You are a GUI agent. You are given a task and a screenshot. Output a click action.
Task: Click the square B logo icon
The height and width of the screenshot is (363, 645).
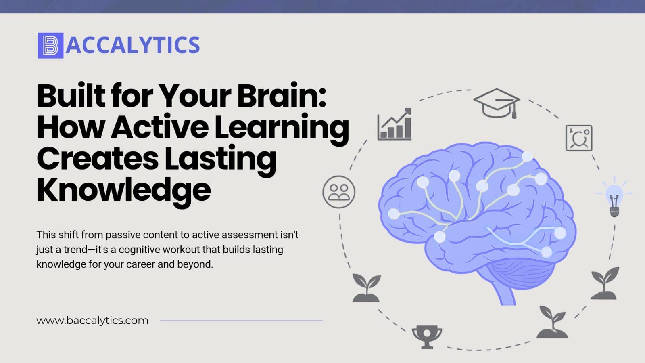click(x=50, y=46)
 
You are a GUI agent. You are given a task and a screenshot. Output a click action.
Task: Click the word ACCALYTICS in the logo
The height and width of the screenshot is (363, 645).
click(x=133, y=45)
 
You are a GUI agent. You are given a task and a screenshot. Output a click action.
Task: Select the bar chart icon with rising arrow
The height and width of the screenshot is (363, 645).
click(x=395, y=124)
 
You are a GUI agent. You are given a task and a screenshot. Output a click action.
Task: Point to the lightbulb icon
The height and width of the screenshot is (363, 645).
click(x=614, y=197)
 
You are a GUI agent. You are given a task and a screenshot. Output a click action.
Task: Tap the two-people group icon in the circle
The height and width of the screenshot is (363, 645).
click(x=339, y=192)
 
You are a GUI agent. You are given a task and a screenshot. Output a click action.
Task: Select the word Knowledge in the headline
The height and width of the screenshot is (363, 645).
click(x=124, y=191)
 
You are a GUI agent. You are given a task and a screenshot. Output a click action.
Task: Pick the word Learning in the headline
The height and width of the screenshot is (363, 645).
click(x=282, y=128)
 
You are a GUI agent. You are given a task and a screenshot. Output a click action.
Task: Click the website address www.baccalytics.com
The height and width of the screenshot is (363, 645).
click(x=92, y=321)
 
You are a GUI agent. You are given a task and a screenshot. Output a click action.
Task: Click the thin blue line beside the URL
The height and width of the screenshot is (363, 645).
click(x=241, y=320)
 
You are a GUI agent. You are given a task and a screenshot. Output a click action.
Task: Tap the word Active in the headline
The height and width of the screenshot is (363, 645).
click(x=159, y=128)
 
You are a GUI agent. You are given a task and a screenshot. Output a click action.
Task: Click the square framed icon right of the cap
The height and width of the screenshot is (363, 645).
click(x=579, y=138)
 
